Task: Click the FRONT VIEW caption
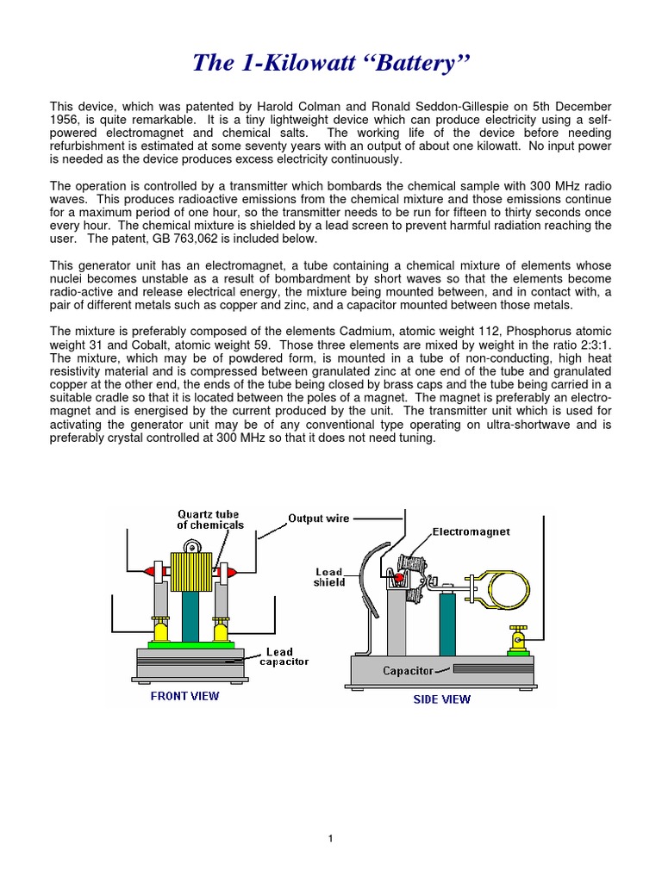click(x=184, y=696)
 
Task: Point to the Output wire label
click(x=318, y=519)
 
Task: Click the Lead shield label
click(x=329, y=576)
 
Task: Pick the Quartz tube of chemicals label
click(x=210, y=519)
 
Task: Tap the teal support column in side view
click(x=447, y=624)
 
